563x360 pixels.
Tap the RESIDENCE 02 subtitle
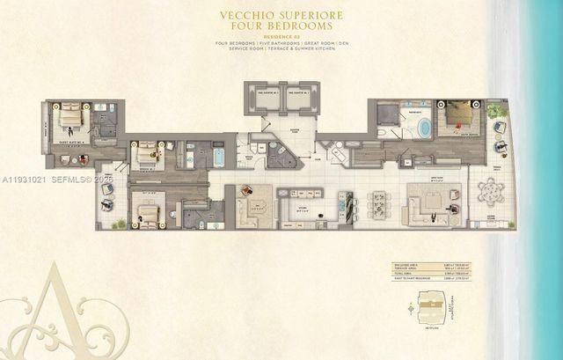(281, 37)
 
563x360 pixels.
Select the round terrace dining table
(487, 190)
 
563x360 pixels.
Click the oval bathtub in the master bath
(424, 128)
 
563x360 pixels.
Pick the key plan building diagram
(428, 308)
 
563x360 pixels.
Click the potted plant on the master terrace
(497, 112)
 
